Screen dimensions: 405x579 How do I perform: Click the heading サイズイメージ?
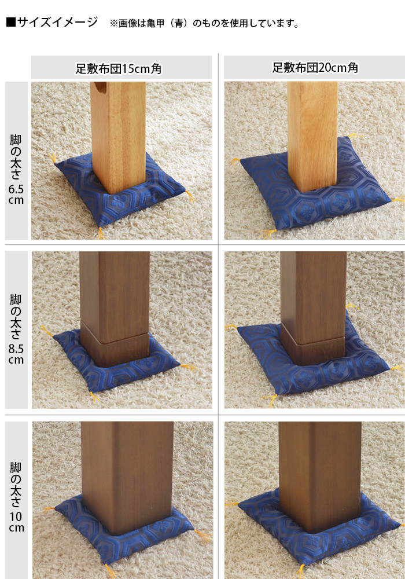coord(57,22)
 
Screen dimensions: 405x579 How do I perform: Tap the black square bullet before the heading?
coord(10,22)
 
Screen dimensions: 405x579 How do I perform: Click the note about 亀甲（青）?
coord(204,24)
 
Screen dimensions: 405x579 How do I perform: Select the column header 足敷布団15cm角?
coord(119,69)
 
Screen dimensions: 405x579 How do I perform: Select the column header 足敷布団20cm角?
coord(315,68)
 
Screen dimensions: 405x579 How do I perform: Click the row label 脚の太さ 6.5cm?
coord(16,170)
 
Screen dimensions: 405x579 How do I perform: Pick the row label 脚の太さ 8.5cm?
coord(16,329)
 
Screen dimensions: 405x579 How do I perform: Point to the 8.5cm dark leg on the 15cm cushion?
coord(115,309)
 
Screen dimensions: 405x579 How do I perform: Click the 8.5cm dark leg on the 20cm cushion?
coord(313,306)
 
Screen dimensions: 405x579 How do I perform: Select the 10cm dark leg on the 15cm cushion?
coord(128,478)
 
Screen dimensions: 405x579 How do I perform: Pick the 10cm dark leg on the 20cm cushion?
coord(320,477)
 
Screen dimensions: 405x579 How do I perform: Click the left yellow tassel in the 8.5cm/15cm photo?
coord(47,331)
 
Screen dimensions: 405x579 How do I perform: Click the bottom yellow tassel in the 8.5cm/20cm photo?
coord(268,400)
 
